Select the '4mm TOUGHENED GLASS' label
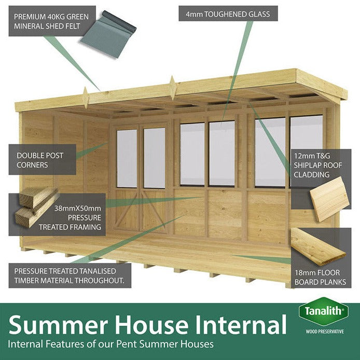[x=228, y=14]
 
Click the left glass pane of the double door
[x=127, y=158]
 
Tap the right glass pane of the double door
[x=154, y=158]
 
